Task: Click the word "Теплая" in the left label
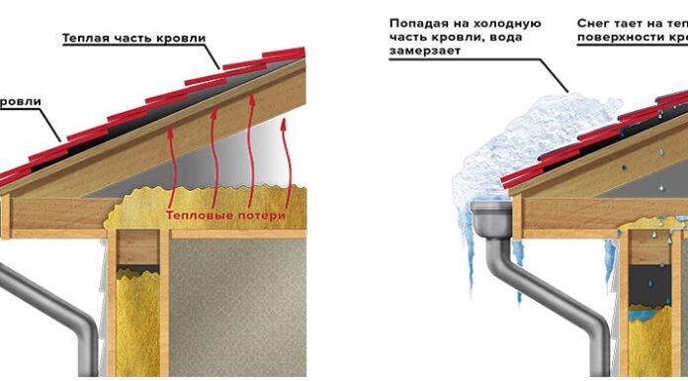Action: pyautogui.click(x=86, y=39)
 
